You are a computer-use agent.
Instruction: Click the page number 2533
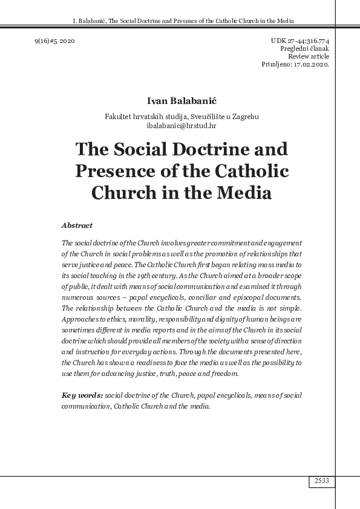[321, 481]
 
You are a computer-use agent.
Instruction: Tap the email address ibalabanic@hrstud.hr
[182, 125]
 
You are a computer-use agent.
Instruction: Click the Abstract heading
[77, 225]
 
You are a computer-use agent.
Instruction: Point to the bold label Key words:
[82, 395]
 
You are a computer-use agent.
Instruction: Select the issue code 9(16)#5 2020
[54, 40]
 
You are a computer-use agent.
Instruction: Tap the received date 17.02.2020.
[308, 63]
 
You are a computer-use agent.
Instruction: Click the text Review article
[309, 56]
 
